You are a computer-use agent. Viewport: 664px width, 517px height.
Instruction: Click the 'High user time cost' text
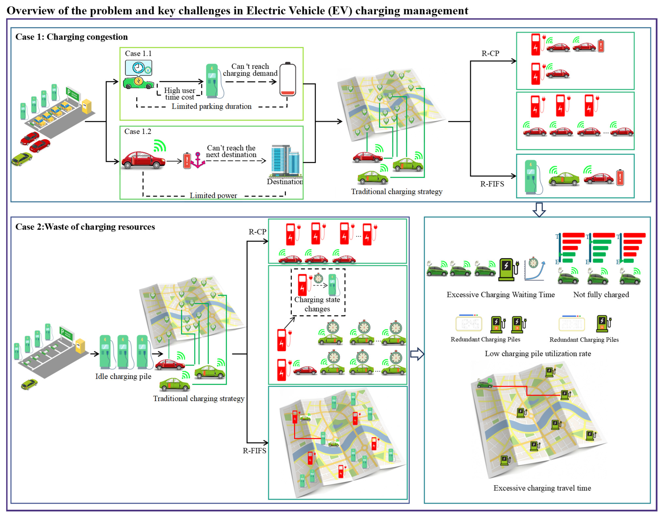click(x=179, y=94)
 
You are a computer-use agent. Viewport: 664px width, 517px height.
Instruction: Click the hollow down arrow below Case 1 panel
click(x=539, y=210)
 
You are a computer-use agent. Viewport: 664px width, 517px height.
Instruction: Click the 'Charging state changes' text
click(x=317, y=304)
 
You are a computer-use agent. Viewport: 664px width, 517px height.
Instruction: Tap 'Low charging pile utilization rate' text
click(x=538, y=354)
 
